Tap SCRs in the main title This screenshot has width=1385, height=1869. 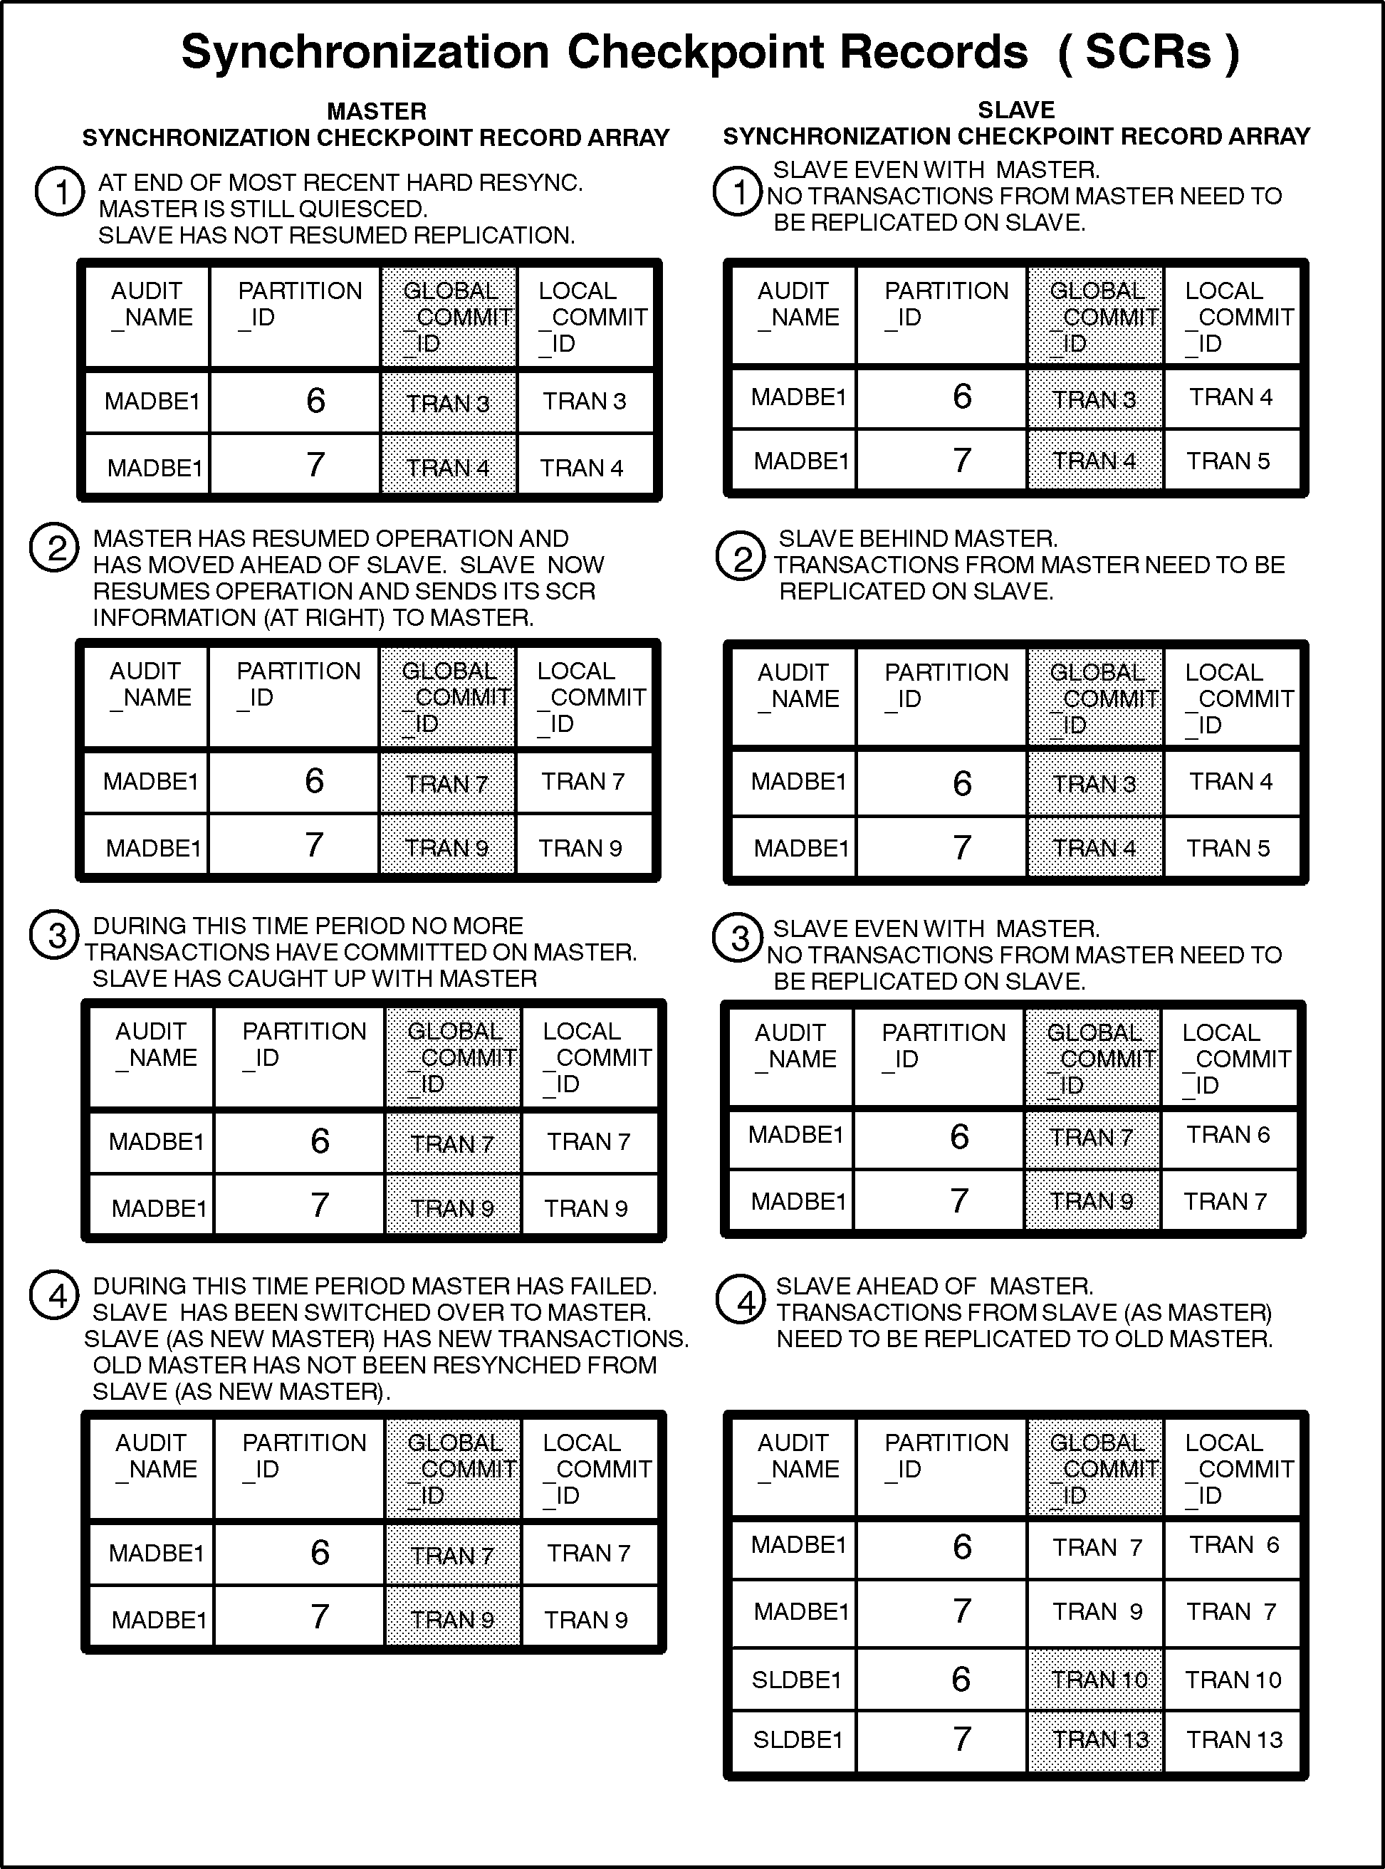pyautogui.click(x=1148, y=53)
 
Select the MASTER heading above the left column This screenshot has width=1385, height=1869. pyautogui.click(x=377, y=110)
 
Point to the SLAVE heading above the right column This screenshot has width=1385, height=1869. pyautogui.click(x=1016, y=110)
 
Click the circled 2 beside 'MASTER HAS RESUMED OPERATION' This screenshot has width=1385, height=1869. pyautogui.click(x=55, y=549)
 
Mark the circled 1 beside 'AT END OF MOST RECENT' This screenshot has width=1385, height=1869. pyautogui.click(x=60, y=192)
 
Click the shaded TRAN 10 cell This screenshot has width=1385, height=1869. pyautogui.click(x=1098, y=1680)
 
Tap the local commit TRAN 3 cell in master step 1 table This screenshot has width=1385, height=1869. pyautogui.click(x=585, y=401)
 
